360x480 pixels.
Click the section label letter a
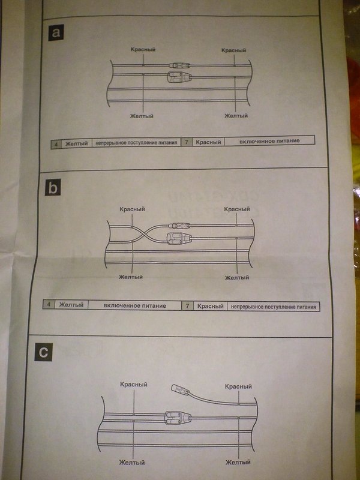[x=56, y=33]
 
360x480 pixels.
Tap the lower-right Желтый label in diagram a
[x=236, y=115]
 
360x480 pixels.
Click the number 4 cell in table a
[x=56, y=144]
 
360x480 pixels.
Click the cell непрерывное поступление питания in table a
[x=137, y=143]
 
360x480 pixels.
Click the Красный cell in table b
[x=210, y=306]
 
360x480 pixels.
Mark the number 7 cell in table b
[x=188, y=306]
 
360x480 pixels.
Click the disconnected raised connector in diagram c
[x=179, y=389]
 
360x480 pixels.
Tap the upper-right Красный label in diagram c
[x=238, y=387]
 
